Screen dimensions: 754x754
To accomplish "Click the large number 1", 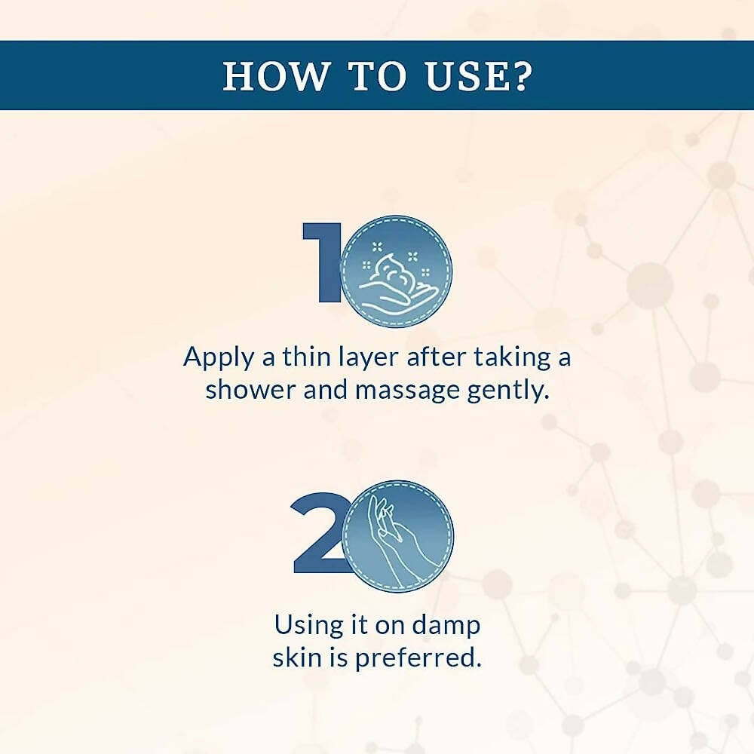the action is pyautogui.click(x=322, y=262).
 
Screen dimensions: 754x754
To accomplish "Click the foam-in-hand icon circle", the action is pyautogui.click(x=397, y=271).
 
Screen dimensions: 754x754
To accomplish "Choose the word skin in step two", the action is pyautogui.click(x=296, y=657).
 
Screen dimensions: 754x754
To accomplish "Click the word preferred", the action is pyautogui.click(x=418, y=657).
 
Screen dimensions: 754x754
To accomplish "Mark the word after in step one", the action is pyautogui.click(x=436, y=357).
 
